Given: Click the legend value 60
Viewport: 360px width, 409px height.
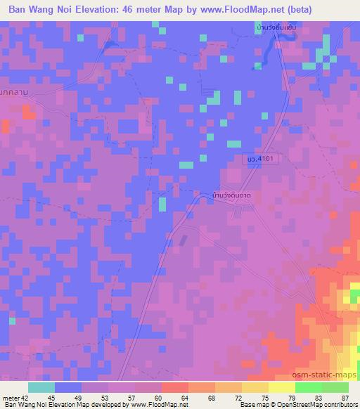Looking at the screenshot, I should [x=157, y=397].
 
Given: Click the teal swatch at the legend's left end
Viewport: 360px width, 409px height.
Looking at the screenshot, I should [x=41, y=387].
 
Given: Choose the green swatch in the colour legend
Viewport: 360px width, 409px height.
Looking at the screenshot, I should [x=308, y=387].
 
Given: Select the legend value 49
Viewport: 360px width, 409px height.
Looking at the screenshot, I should [x=76, y=397].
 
